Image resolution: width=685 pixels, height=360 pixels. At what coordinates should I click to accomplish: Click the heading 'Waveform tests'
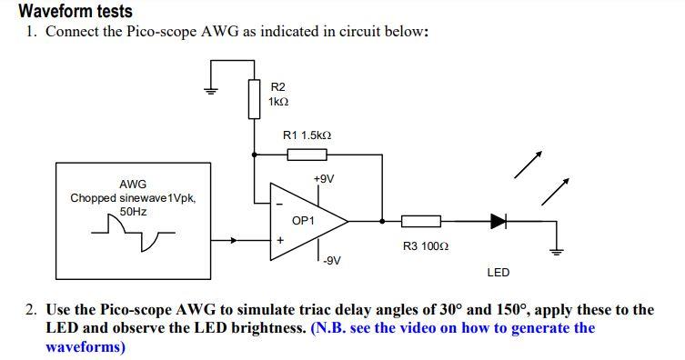click(76, 12)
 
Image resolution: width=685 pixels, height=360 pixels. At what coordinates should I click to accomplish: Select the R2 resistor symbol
click(254, 98)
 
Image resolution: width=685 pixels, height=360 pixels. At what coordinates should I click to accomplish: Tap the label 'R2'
click(278, 86)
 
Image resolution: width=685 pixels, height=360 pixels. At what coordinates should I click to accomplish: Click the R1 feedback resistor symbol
click(307, 155)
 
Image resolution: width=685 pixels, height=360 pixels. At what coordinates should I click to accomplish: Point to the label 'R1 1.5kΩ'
click(307, 135)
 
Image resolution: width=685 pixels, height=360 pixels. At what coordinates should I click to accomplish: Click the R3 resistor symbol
click(420, 221)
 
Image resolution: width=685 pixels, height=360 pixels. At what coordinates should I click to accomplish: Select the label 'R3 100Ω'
click(425, 246)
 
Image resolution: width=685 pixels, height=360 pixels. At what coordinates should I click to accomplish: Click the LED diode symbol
click(498, 221)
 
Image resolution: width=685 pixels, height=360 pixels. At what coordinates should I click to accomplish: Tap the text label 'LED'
click(498, 272)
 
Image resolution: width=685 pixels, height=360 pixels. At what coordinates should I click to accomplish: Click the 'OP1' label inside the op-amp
click(303, 221)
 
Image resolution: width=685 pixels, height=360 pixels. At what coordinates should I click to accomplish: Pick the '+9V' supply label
click(323, 179)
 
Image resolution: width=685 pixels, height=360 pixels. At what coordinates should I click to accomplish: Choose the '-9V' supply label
click(331, 261)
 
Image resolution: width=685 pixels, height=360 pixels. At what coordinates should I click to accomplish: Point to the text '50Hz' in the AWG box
click(133, 211)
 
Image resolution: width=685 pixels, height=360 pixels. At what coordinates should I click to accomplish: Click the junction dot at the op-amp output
click(382, 221)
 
